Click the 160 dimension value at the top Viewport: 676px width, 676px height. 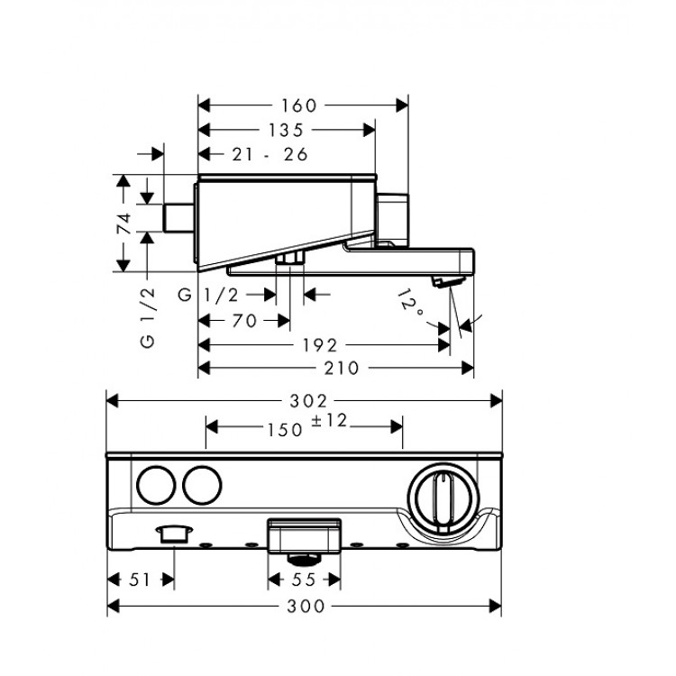(304, 105)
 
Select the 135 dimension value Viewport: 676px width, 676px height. (286, 131)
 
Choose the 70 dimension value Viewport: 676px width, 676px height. (244, 320)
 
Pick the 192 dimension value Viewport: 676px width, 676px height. (320, 345)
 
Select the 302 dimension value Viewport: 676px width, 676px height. (305, 400)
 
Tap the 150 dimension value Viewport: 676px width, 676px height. (284, 430)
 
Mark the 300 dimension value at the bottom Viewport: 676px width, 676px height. (305, 607)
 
